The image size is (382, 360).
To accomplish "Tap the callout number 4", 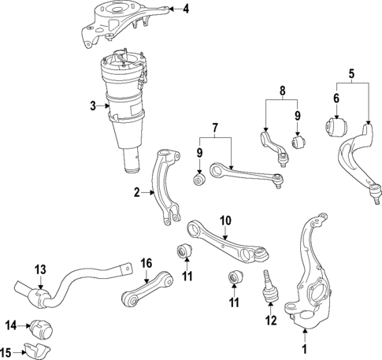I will click(x=186, y=9).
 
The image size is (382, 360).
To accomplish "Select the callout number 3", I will click(x=92, y=106).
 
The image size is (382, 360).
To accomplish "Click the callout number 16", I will click(x=146, y=263).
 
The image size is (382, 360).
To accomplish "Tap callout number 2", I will click(x=136, y=191).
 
